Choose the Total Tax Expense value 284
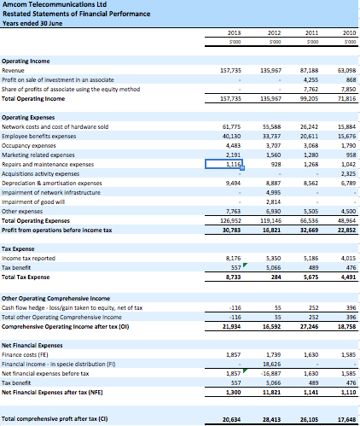coord(273,275)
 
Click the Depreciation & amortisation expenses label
coord(52,182)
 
